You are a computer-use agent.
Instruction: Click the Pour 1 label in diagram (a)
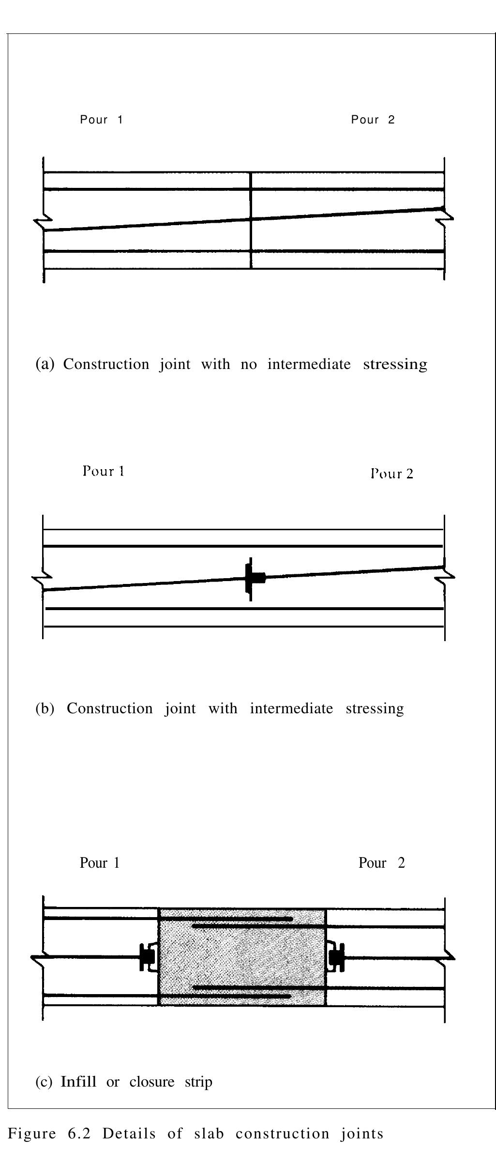pos(102,120)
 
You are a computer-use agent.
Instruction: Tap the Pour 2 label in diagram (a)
pos(373,120)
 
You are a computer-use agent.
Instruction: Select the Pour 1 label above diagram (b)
pos(104,471)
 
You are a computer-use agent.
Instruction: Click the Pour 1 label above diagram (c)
pos(100,862)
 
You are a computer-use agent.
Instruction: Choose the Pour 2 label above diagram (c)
pos(381,862)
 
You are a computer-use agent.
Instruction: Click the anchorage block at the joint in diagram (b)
pos(254,578)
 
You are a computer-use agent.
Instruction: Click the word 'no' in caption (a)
pos(249,364)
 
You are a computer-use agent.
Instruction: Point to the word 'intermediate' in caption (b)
pos(291,708)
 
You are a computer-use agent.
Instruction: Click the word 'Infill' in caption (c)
pos(78,1081)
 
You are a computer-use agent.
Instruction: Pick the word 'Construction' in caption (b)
pos(109,708)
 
